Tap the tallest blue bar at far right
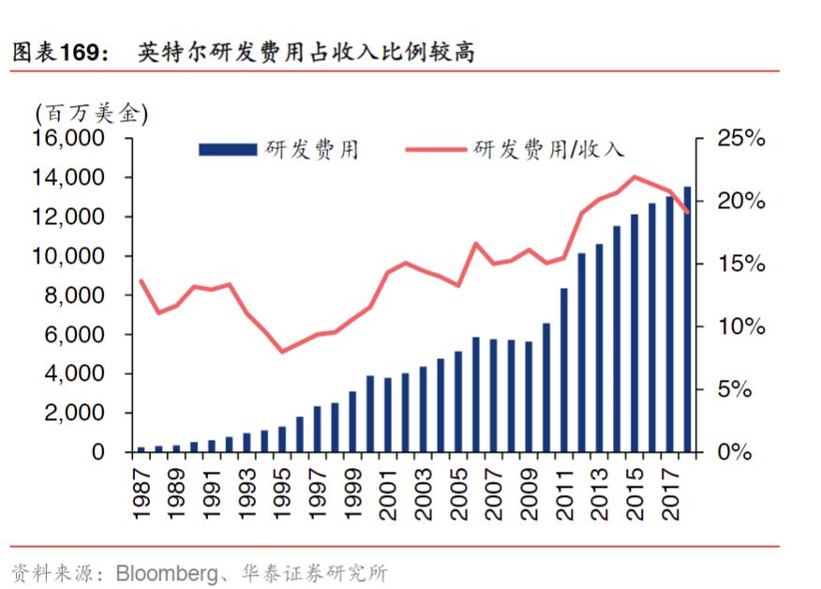[687, 319]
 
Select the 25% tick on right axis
[740, 139]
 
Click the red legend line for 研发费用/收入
[436, 149]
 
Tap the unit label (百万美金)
[91, 113]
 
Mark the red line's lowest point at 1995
[282, 352]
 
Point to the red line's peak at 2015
[634, 176]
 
